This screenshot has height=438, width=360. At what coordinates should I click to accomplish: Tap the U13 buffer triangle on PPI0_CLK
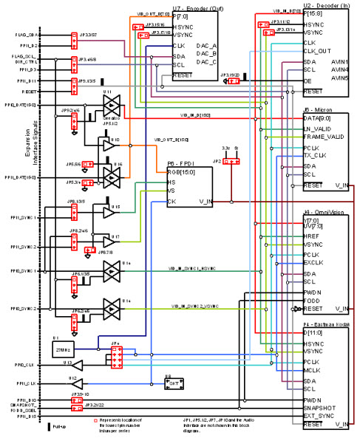coord(88,365)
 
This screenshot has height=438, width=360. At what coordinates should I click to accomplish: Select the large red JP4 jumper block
coord(116,357)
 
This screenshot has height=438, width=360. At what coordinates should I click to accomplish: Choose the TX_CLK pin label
coord(316,155)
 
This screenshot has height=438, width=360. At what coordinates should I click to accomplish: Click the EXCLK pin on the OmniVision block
coord(314,262)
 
